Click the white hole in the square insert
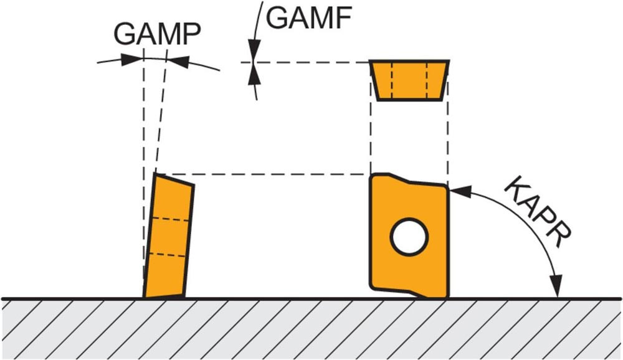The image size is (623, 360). [409, 237]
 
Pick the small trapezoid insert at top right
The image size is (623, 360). [409, 80]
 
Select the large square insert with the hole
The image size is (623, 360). [409, 237]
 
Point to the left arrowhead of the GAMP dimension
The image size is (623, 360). [131, 60]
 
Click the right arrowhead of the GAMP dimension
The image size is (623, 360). [179, 60]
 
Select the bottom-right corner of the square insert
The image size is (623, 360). [447, 296]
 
